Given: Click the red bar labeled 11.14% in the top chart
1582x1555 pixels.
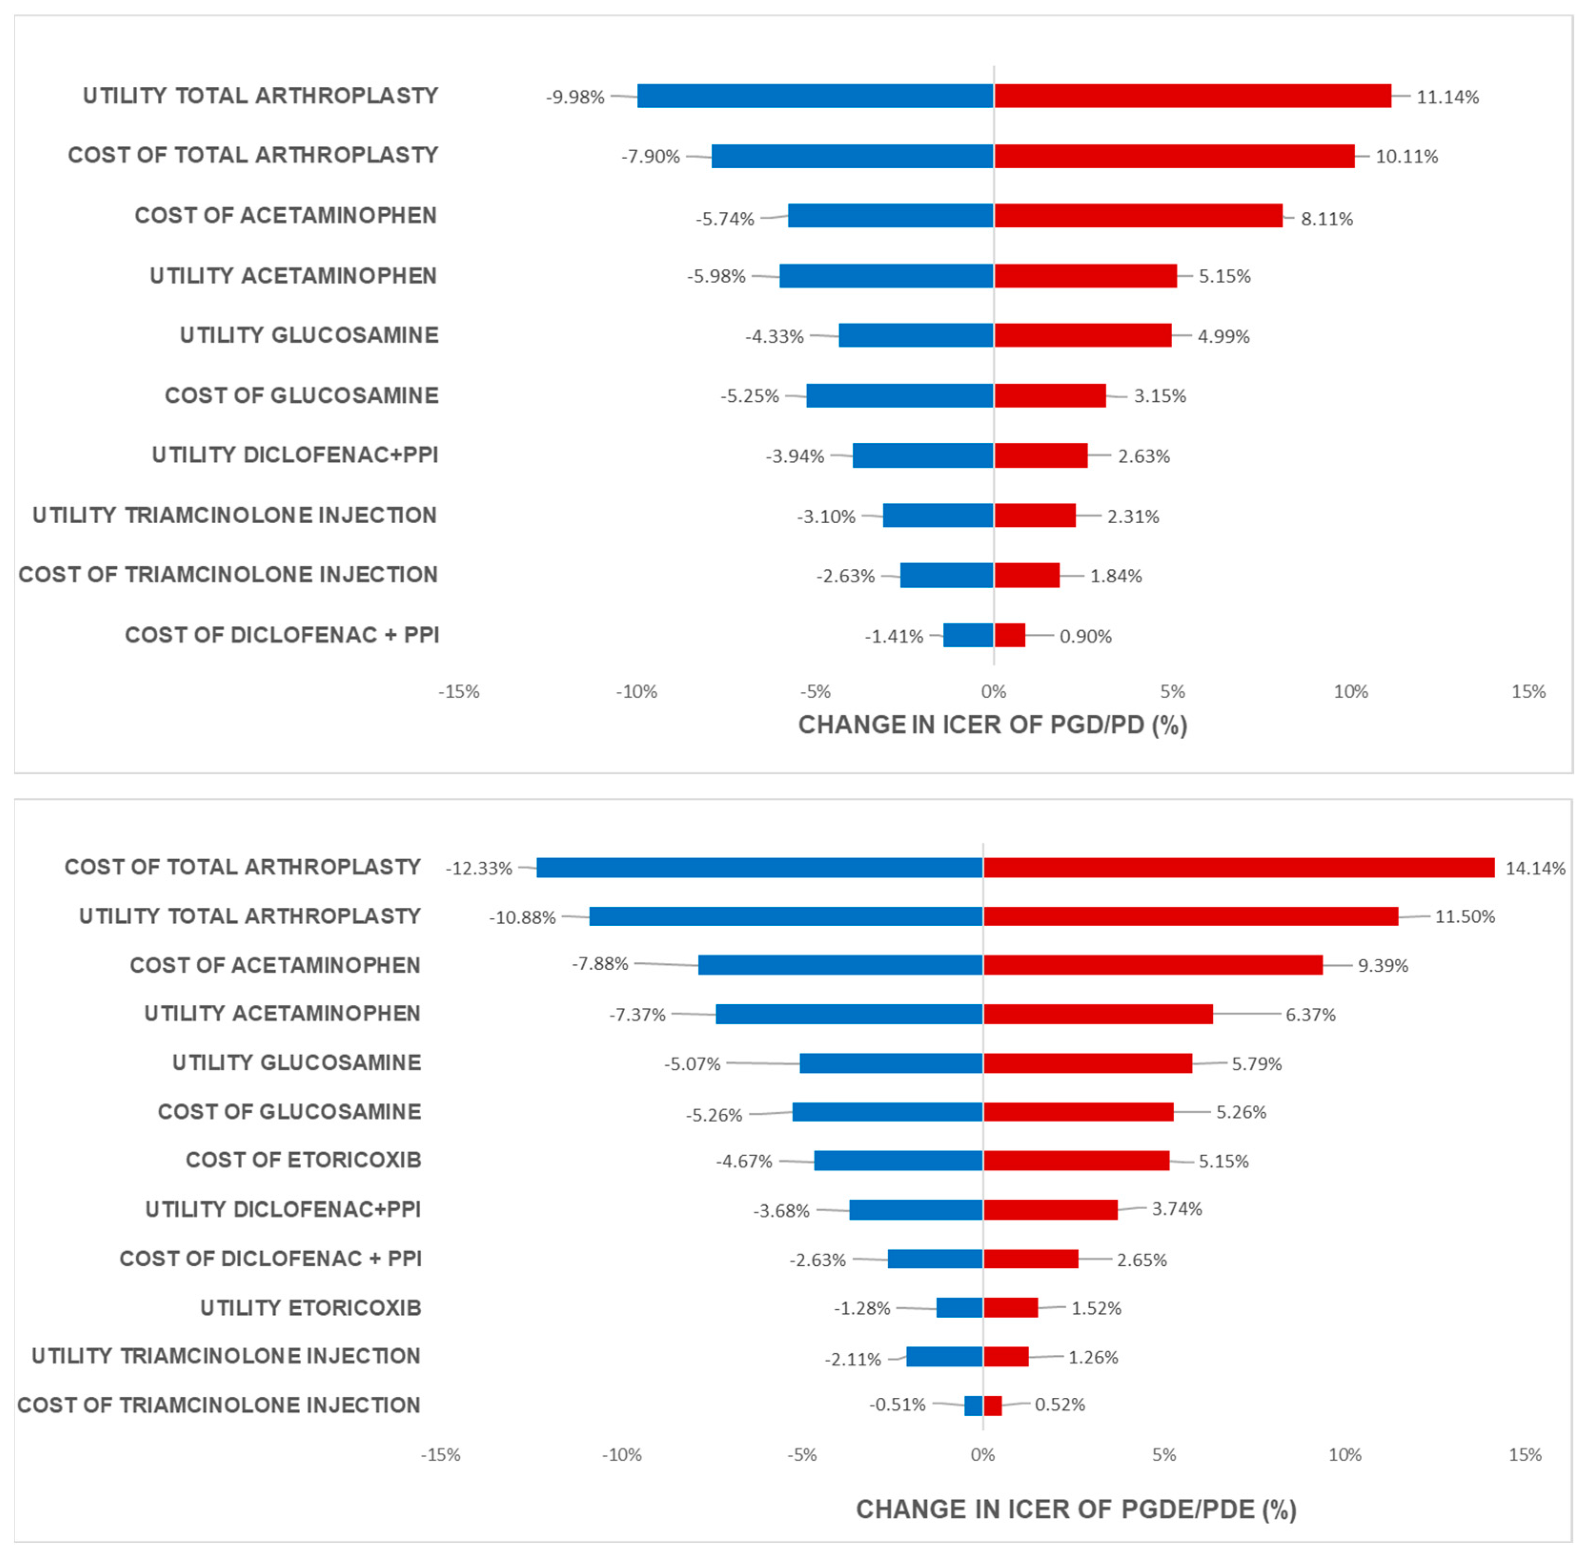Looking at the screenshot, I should (1192, 96).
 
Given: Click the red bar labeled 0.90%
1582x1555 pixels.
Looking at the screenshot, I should (1009, 635).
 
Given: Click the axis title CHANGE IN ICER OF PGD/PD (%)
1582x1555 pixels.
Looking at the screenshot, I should (992, 725).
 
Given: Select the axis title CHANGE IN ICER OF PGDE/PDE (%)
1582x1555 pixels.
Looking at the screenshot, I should (1075, 1509).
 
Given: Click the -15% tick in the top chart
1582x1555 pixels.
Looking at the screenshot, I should (458, 692).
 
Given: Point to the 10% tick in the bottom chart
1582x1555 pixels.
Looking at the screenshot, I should (1344, 1454).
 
